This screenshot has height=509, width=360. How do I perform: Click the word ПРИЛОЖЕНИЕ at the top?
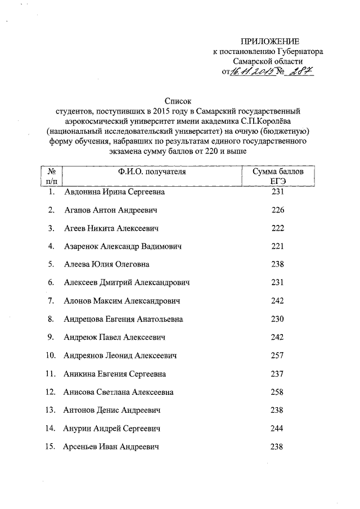pyautogui.click(x=270, y=41)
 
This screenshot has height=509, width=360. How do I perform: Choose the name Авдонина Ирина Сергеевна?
pyautogui.click(x=115, y=192)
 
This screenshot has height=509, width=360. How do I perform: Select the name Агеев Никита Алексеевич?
pyautogui.click(x=112, y=228)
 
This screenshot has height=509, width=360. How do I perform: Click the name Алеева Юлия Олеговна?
pyautogui.click(x=107, y=264)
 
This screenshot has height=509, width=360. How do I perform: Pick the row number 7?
pyautogui.click(x=51, y=301)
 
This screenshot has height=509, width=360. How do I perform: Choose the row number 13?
pyautogui.click(x=51, y=410)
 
